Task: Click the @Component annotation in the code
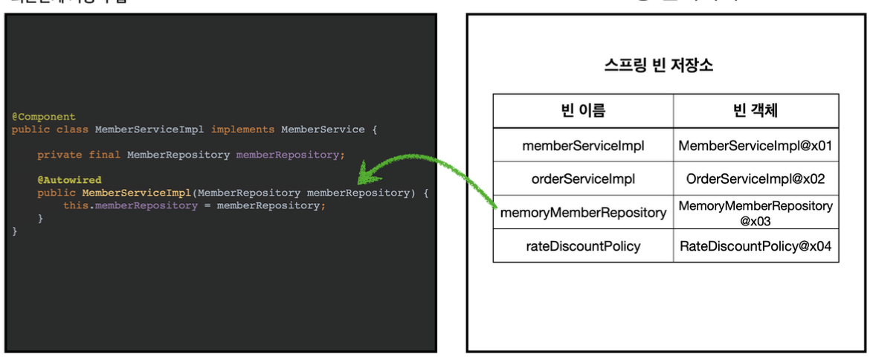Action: (x=44, y=117)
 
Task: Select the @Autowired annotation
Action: (x=69, y=180)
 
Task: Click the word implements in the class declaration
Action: (x=242, y=129)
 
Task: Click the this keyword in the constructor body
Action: (x=75, y=205)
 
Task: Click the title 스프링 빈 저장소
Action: (x=659, y=65)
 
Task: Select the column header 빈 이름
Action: (x=583, y=111)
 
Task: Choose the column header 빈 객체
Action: (x=756, y=111)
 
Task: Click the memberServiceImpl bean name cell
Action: (x=583, y=146)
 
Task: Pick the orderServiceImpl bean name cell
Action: (x=583, y=179)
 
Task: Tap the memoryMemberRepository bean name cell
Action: (x=583, y=213)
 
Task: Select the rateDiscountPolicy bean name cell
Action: (x=583, y=246)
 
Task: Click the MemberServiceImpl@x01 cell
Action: (x=756, y=146)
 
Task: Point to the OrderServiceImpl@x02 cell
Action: (x=756, y=179)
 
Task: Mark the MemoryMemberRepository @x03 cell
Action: (x=756, y=213)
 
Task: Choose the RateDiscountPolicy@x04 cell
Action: (x=756, y=246)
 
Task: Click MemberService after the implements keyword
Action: (x=323, y=129)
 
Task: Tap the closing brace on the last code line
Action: (x=14, y=231)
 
